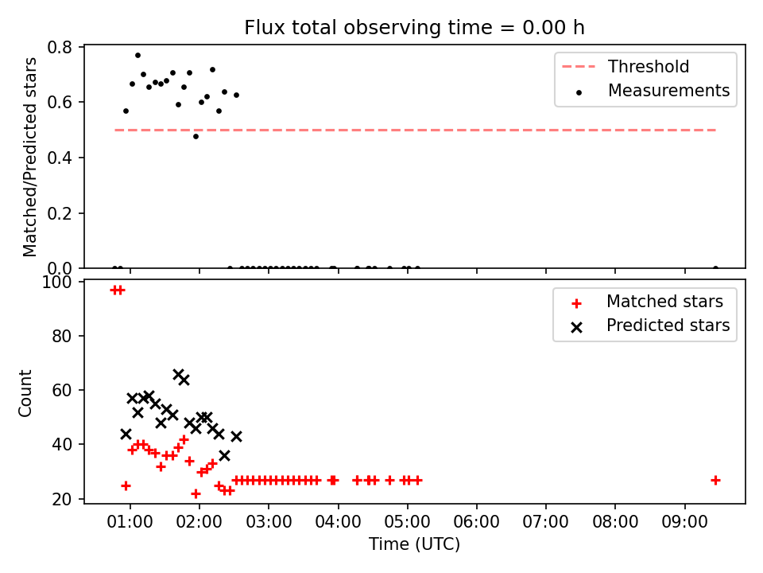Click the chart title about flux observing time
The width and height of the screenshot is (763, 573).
(x=414, y=28)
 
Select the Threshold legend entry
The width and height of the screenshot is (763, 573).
(x=626, y=66)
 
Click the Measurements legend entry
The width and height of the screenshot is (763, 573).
(x=652, y=91)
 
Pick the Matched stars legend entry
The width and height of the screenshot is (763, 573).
(x=647, y=302)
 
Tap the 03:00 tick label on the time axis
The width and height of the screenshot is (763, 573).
(x=269, y=522)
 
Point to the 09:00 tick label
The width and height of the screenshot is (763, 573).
(x=684, y=522)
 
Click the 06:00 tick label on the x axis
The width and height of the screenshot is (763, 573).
(x=476, y=522)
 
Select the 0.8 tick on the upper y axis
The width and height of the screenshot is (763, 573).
(x=60, y=47)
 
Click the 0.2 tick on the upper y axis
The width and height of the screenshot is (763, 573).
(x=60, y=213)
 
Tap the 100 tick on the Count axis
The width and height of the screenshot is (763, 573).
(x=56, y=282)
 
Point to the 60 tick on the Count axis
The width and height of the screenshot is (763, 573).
(x=62, y=390)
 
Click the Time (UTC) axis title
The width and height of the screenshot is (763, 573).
(x=414, y=544)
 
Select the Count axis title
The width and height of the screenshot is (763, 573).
(x=25, y=393)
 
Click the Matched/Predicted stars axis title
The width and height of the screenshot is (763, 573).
(x=29, y=157)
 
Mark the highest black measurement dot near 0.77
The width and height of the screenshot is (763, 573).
(x=137, y=56)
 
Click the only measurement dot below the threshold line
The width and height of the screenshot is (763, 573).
(x=196, y=136)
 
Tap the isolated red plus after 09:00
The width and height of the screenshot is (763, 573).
(x=715, y=481)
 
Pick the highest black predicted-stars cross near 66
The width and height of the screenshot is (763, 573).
(x=178, y=374)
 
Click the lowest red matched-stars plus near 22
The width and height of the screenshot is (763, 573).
(x=196, y=493)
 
